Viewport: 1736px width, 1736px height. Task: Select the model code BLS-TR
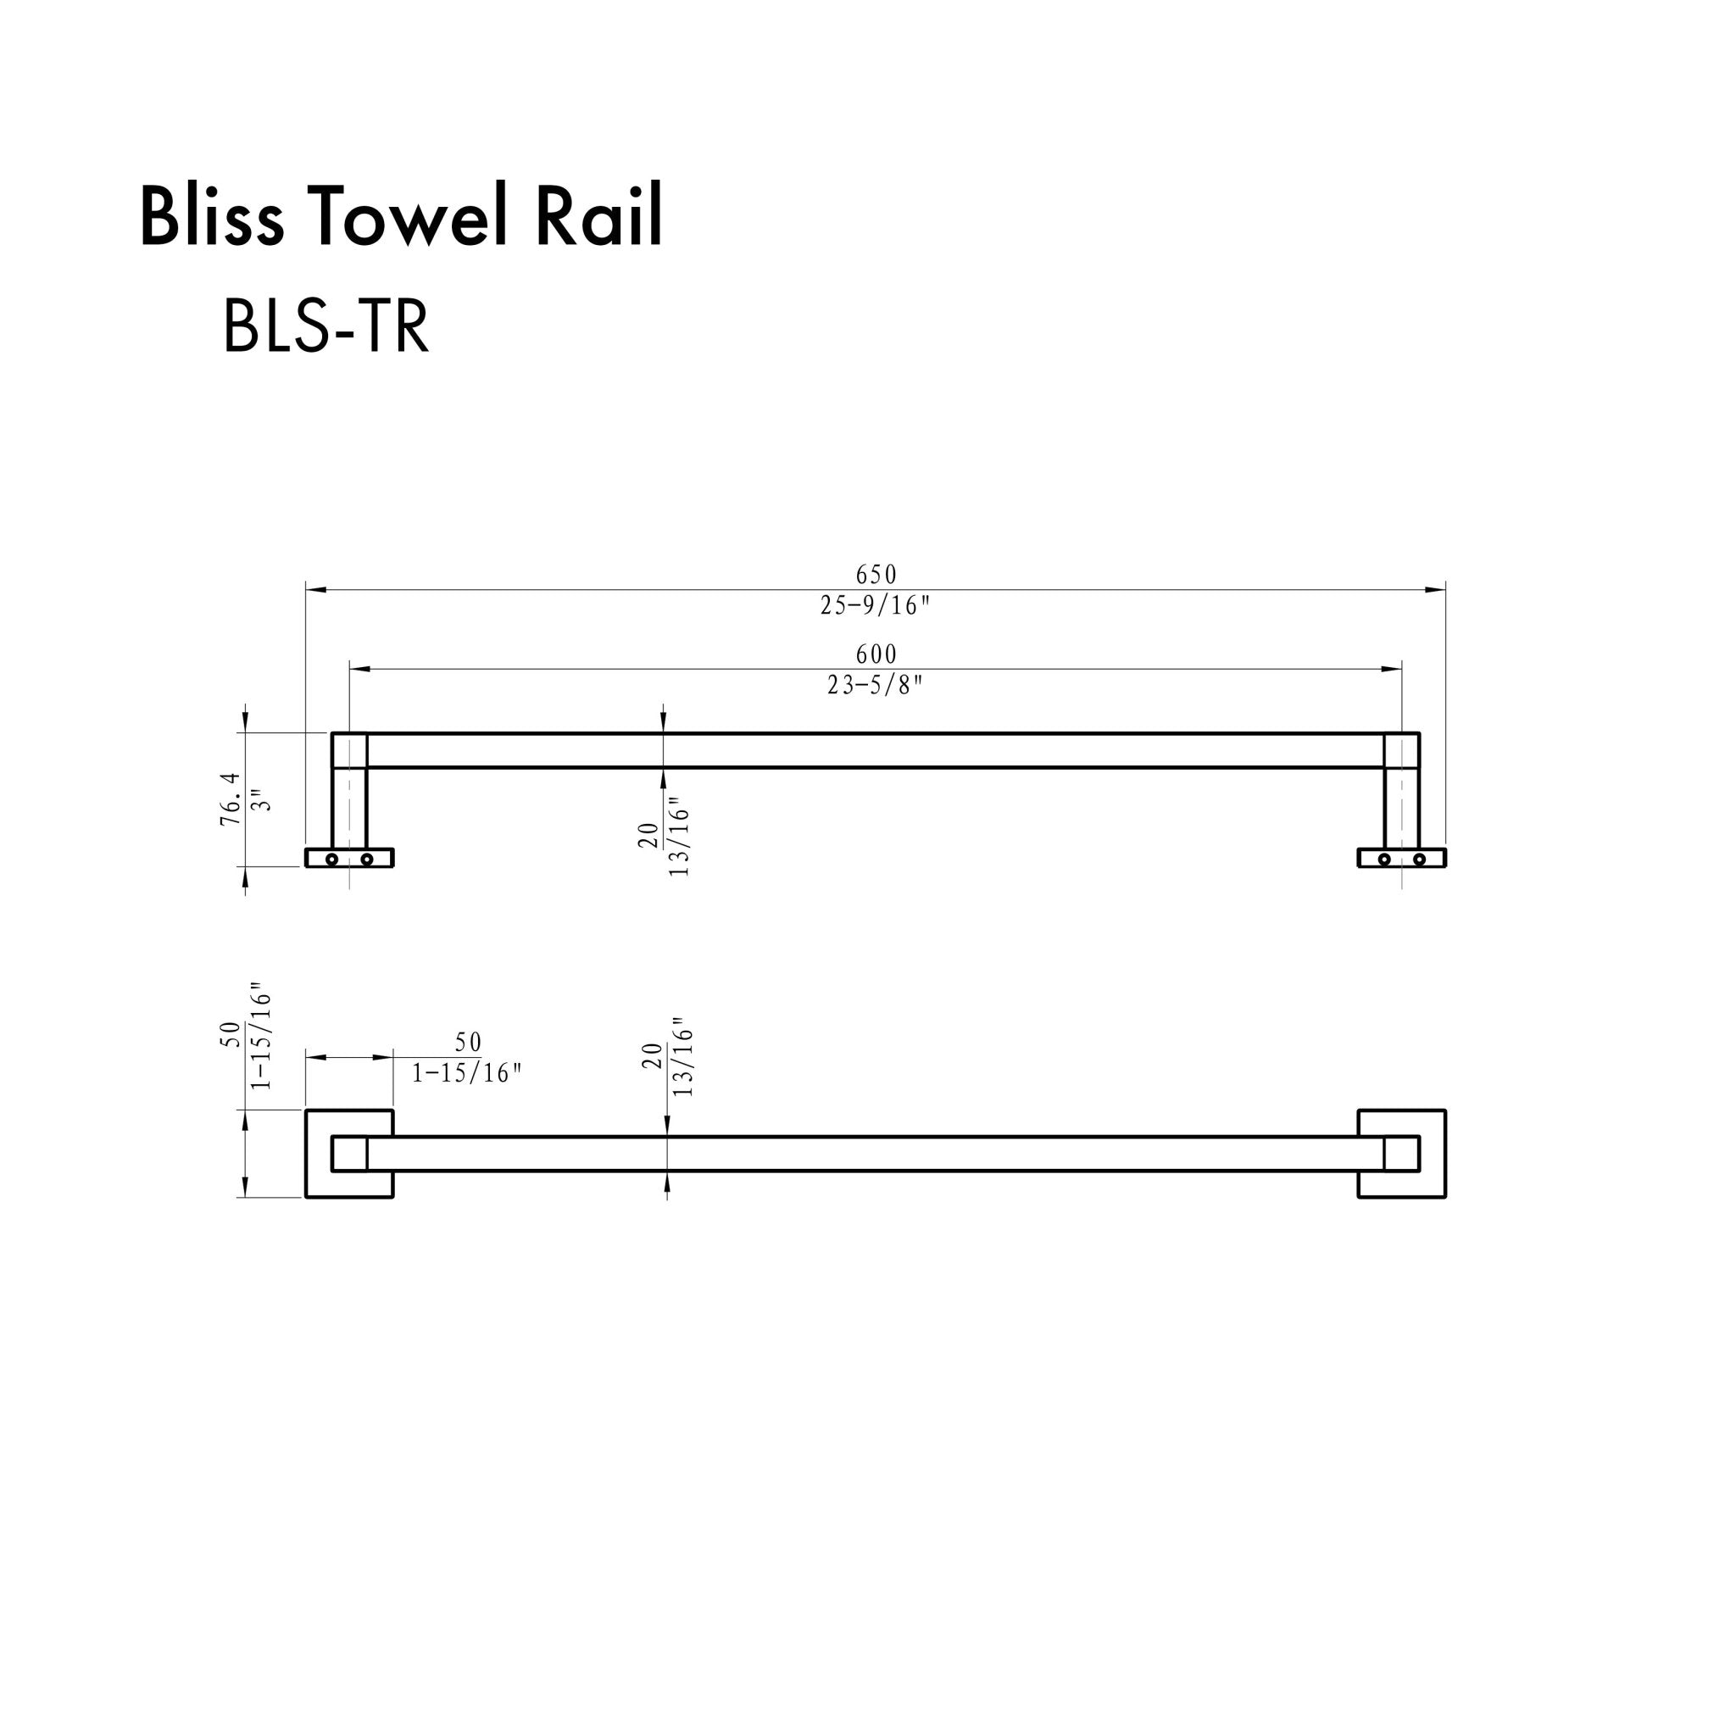pos(325,328)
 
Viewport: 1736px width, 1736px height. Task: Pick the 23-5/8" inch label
pos(875,686)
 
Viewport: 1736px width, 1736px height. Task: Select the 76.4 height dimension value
pos(231,798)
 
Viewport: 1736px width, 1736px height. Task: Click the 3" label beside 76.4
pos(261,799)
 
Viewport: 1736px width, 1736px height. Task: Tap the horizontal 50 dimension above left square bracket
pos(468,1043)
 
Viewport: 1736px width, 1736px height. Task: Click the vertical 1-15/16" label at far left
pos(260,1042)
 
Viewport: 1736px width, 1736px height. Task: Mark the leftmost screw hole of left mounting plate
pos(331,859)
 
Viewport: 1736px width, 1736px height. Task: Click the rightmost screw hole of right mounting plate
pos(1419,859)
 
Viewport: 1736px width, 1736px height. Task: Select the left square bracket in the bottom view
pos(348,1154)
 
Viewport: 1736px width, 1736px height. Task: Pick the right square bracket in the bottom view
pos(1402,1154)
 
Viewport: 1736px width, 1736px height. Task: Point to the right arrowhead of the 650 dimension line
pos(1438,589)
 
